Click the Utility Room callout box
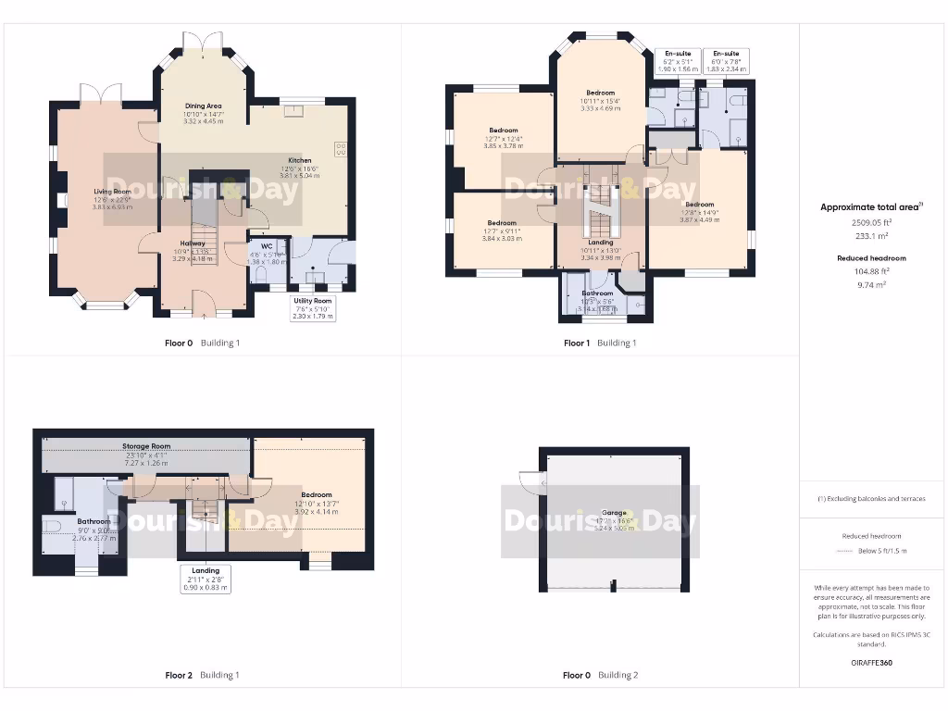coord(312,308)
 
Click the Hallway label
coord(193,243)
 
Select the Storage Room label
coord(146,446)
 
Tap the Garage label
coord(614,513)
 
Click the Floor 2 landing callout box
coord(206,579)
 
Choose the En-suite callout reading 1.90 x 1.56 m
coord(677,61)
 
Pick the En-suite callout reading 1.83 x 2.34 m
coord(725,61)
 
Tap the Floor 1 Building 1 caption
coord(600,343)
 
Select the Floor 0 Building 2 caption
coord(600,675)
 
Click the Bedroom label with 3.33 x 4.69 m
coord(600,93)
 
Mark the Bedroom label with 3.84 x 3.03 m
coord(502,223)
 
